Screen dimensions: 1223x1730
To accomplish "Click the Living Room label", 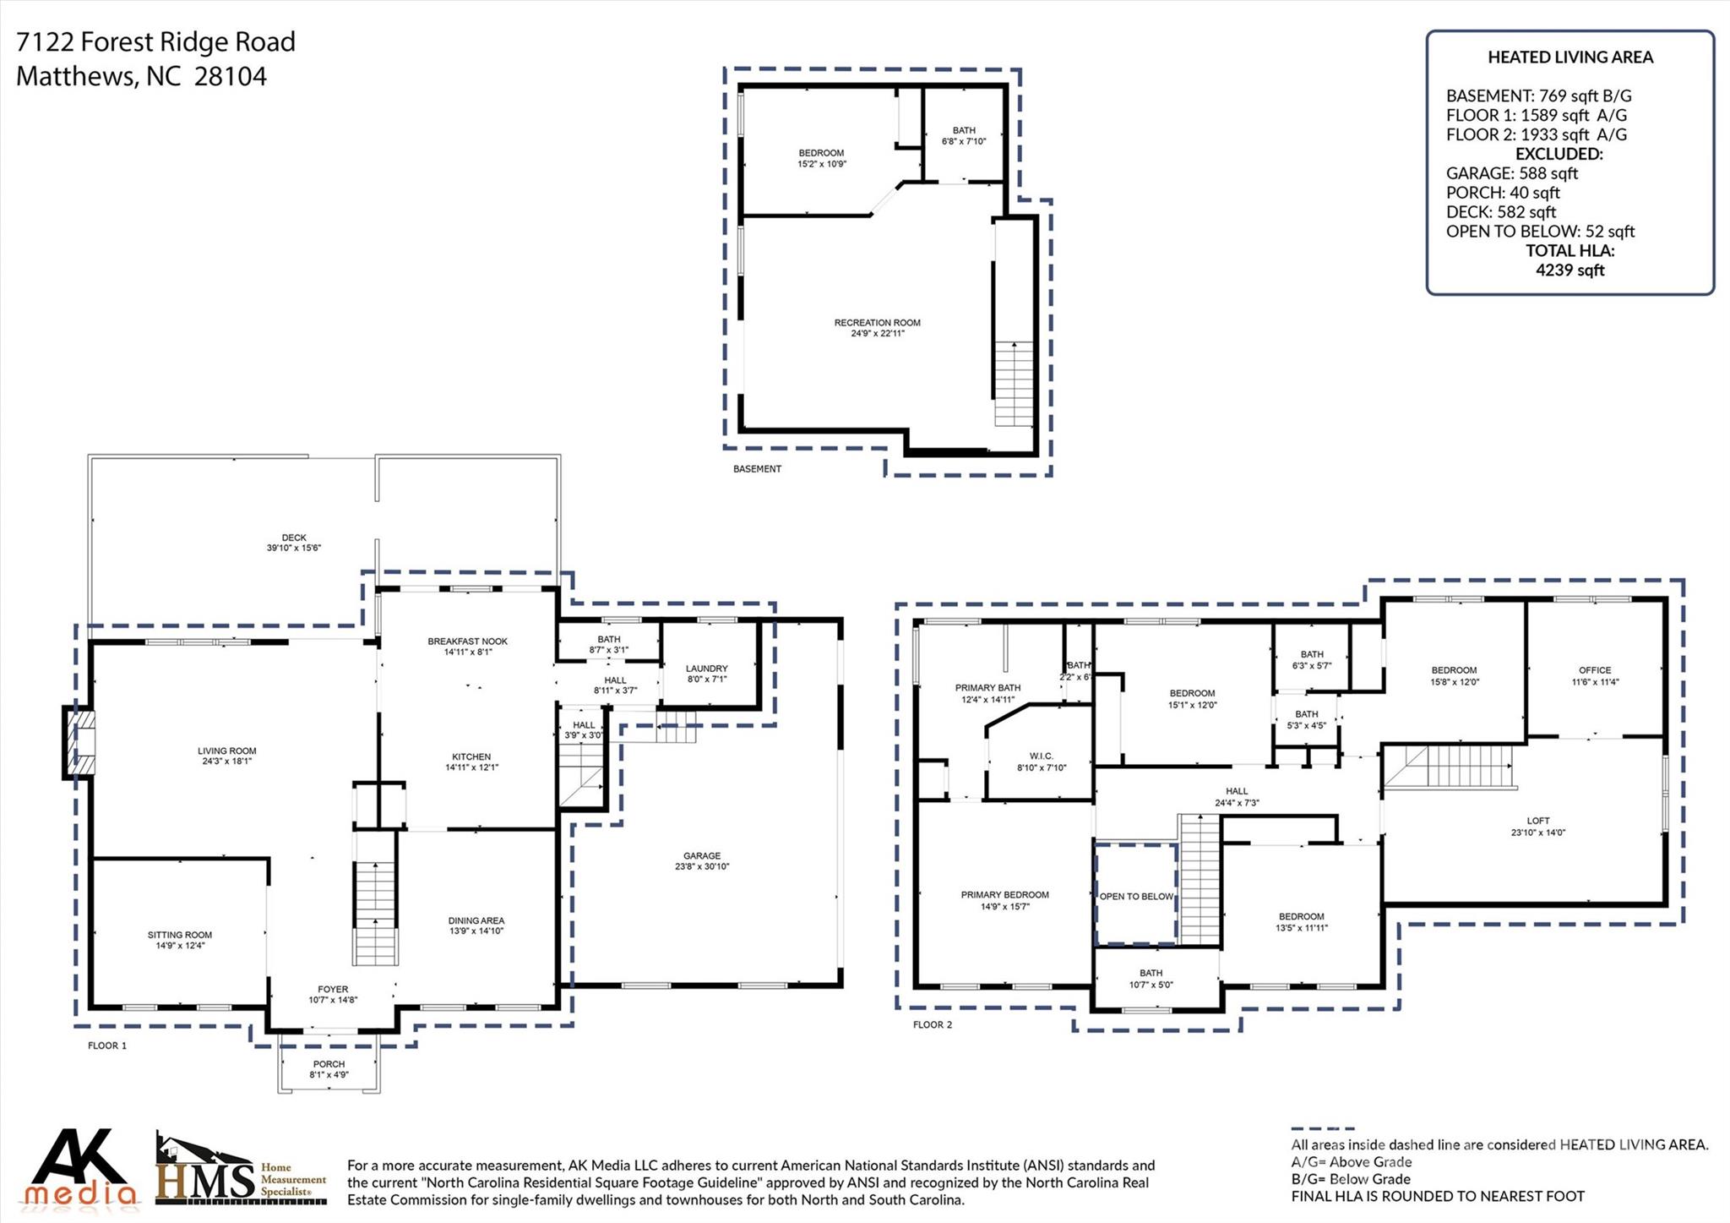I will coord(226,751).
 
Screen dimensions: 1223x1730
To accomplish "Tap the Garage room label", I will coord(702,856).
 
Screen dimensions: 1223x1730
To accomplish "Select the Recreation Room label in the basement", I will coord(877,323).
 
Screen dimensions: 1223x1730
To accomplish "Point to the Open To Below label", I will coord(1136,897).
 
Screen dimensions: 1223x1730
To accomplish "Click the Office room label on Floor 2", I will coord(1595,670).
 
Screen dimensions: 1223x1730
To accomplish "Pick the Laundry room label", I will coord(706,669).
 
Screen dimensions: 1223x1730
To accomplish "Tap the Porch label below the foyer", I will coord(329,1064).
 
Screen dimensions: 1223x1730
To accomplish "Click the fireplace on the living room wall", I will coord(79,742).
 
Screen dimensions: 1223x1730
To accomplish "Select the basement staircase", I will coord(1014,385).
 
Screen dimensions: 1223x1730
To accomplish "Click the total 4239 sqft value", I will coord(1570,270).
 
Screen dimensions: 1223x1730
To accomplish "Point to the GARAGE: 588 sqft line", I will coord(1511,173).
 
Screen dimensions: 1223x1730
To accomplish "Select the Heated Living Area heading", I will coord(1570,57).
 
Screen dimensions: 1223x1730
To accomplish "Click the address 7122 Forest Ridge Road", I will coord(156,41).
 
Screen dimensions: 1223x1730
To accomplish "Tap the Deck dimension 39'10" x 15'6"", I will coord(294,549).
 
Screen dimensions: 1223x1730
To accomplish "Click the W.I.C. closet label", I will coord(1042,756).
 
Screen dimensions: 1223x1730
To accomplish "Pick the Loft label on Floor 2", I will coord(1538,821).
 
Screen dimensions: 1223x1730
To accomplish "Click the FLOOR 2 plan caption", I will coord(932,1024).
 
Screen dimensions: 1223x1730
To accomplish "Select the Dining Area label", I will coord(476,920).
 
